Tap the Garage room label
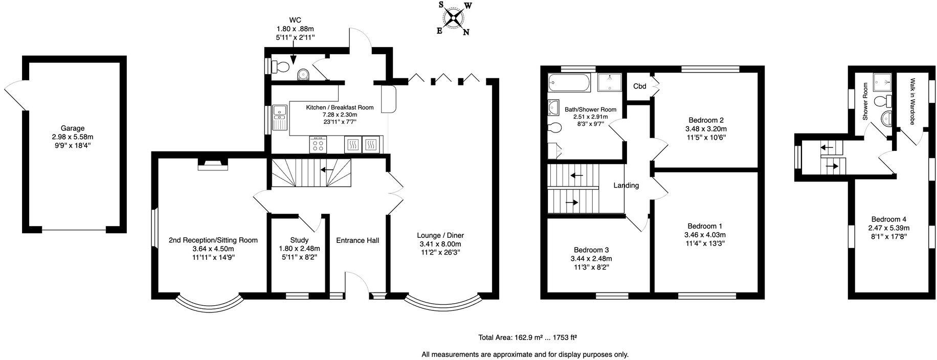point(72,128)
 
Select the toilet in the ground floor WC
point(280,66)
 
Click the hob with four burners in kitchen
point(318,145)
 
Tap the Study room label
point(299,240)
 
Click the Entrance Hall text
point(358,240)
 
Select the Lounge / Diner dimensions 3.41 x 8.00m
point(440,244)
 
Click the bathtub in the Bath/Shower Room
point(569,82)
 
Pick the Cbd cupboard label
point(639,86)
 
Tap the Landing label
point(626,186)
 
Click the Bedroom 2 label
point(705,120)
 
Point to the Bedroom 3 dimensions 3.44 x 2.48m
point(591,259)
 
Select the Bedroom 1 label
point(704,226)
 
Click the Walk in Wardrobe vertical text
point(912,101)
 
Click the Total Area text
point(527,337)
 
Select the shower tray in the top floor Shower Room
point(880,81)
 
